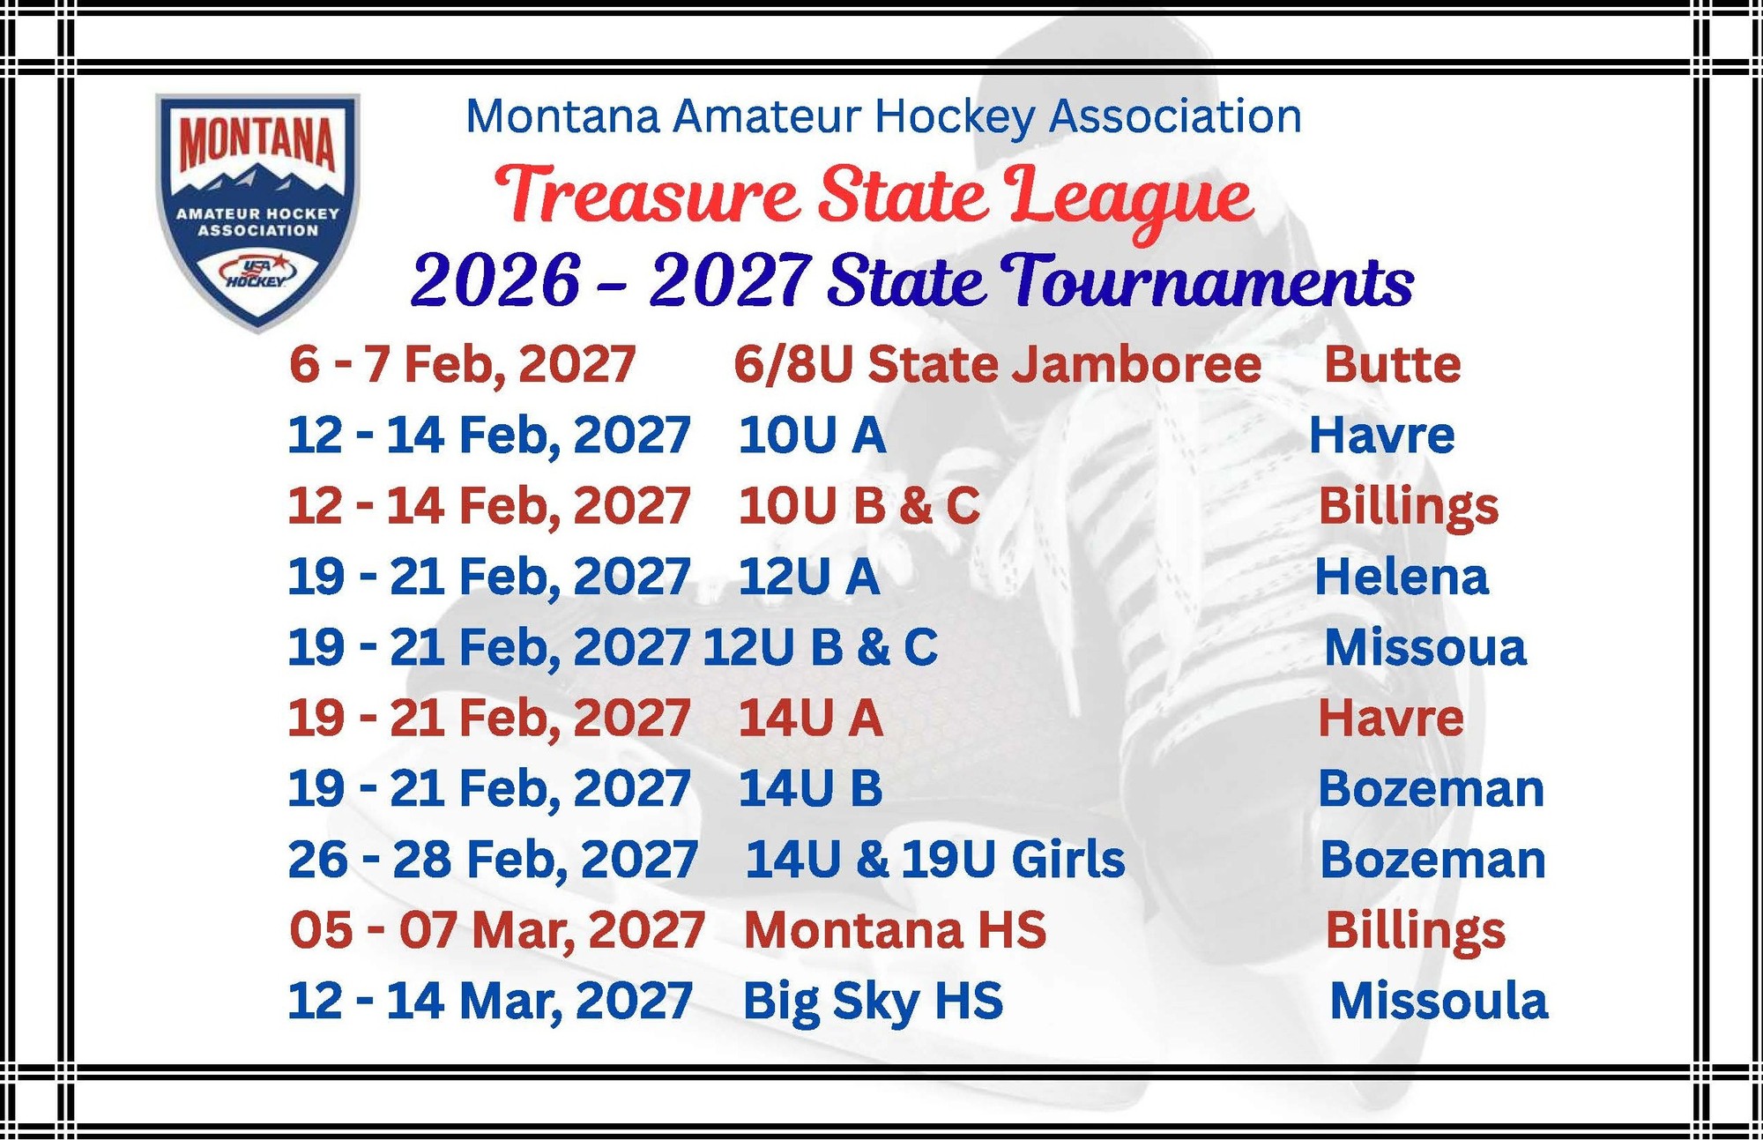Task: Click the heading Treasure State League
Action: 874,199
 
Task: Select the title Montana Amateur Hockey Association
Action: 883,116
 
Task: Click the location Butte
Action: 1392,364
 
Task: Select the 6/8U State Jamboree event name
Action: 997,364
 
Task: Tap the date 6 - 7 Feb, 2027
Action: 462,365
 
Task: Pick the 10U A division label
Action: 811,435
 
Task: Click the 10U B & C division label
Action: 859,506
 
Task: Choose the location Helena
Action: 1401,577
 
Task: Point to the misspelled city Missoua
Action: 1425,647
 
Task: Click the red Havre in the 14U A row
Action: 1390,718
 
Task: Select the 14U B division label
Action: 810,788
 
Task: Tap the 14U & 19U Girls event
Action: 935,859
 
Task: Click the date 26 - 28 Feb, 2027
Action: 493,860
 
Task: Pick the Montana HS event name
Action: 895,929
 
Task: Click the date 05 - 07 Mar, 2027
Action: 497,930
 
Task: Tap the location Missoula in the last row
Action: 1438,1001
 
